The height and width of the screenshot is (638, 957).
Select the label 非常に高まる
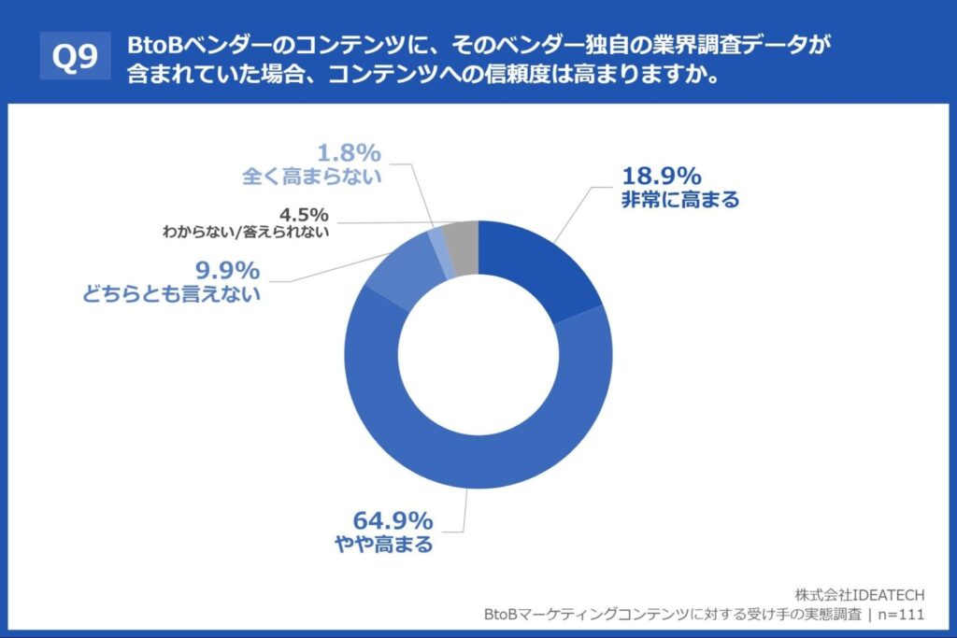[679, 199]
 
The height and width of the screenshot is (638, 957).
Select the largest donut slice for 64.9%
[467, 458]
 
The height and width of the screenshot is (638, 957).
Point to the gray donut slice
[464, 245]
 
